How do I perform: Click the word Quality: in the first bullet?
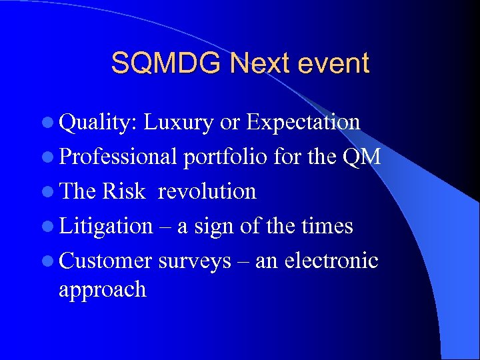(x=99, y=123)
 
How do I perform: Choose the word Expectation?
(x=303, y=123)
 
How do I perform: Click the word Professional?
(x=117, y=157)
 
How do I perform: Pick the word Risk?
(x=123, y=192)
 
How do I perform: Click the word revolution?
(x=207, y=192)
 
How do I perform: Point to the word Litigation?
(x=106, y=227)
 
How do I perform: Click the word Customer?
(x=105, y=261)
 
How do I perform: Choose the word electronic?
(x=331, y=261)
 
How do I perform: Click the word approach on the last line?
(x=102, y=290)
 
